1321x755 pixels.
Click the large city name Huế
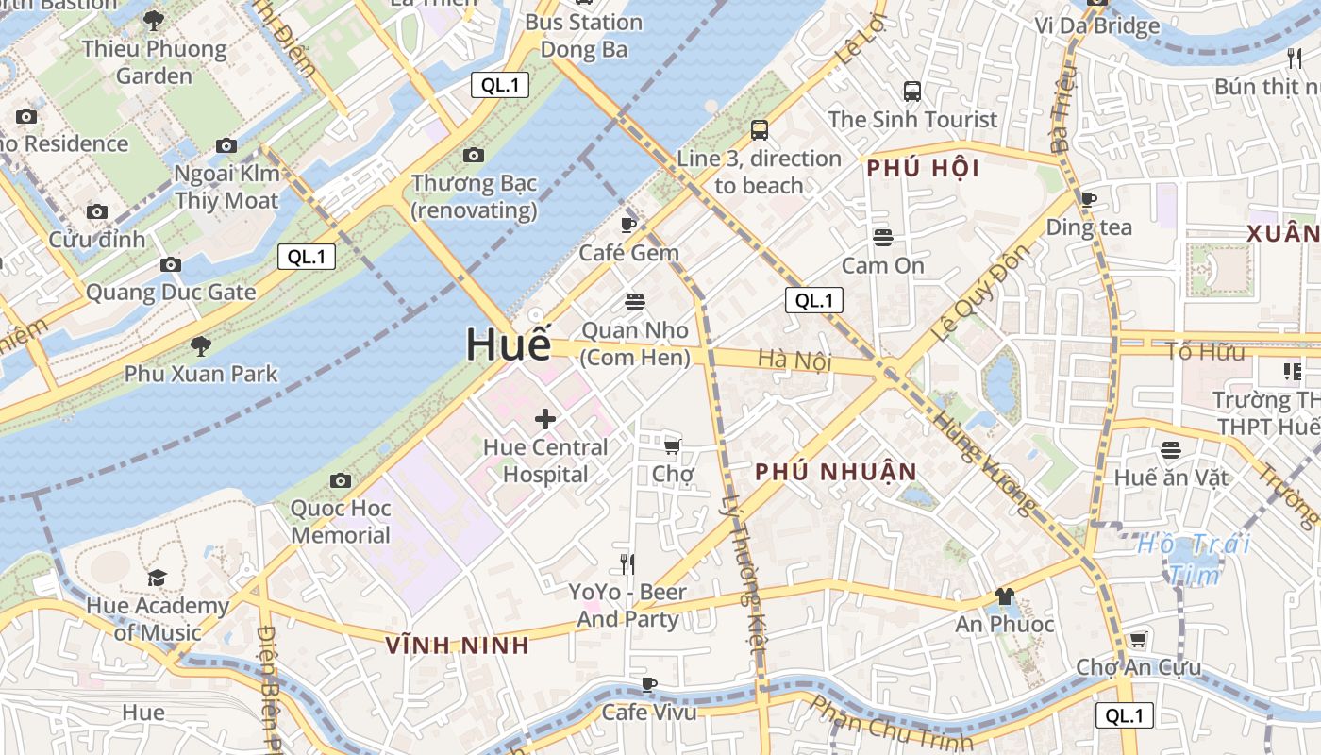pyautogui.click(x=508, y=345)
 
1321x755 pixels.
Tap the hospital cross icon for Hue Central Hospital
pyautogui.click(x=545, y=419)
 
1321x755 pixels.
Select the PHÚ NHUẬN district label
pyautogui.click(x=836, y=472)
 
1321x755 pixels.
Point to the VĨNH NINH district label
pyautogui.click(x=458, y=646)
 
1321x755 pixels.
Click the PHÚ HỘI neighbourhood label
pyautogui.click(x=923, y=170)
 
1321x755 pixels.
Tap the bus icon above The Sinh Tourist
pyautogui.click(x=911, y=92)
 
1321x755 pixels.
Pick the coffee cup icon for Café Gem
pyautogui.click(x=628, y=225)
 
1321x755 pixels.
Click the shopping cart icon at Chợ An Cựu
pyautogui.click(x=1138, y=640)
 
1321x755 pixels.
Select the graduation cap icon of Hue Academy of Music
pyautogui.click(x=157, y=578)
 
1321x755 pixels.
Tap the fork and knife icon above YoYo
pyautogui.click(x=627, y=563)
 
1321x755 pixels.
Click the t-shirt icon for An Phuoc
pyautogui.click(x=1004, y=596)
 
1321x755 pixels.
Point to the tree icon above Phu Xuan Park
pyautogui.click(x=200, y=345)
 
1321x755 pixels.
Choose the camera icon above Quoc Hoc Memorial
pyautogui.click(x=341, y=481)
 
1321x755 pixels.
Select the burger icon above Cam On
pyautogui.click(x=883, y=237)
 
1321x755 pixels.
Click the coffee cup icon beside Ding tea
pyautogui.click(x=1088, y=199)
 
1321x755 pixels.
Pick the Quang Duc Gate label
pyautogui.click(x=171, y=293)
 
